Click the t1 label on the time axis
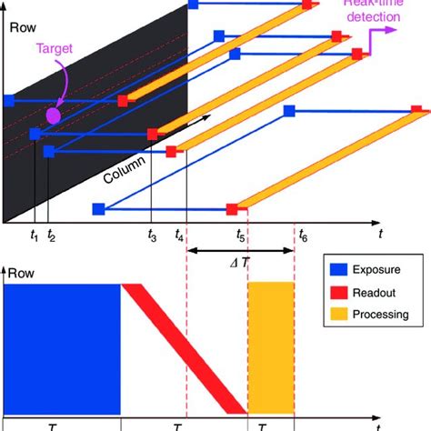[34, 236]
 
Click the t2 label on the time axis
[52, 236]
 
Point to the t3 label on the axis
[152, 236]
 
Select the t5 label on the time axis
[241, 236]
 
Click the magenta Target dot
[53, 115]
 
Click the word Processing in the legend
[383, 315]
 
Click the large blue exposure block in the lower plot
[63, 347]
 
